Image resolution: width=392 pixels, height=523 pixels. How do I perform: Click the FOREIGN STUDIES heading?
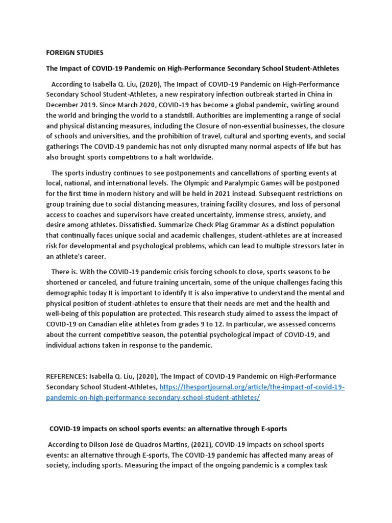[x=75, y=52]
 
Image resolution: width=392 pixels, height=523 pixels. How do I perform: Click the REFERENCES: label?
[x=69, y=377]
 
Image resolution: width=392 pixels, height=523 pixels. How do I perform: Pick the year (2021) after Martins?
[x=219, y=444]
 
